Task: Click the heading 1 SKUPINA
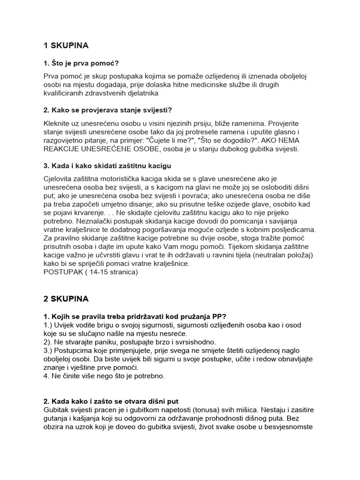pyautogui.click(x=66, y=45)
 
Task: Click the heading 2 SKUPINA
pyautogui.click(x=66, y=298)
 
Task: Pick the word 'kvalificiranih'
pyautogui.click(x=66, y=93)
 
